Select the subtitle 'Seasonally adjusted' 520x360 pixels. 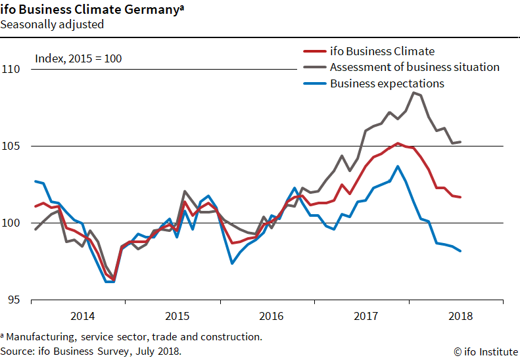[x=52, y=25]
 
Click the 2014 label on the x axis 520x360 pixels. [x=82, y=316]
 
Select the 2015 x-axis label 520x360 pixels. [x=177, y=316]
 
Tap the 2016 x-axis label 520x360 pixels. [x=272, y=316]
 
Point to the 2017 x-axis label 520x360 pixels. [x=367, y=316]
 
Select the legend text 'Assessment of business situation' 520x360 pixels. [x=414, y=67]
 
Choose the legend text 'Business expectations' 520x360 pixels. [x=387, y=83]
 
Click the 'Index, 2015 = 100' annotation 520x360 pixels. [x=78, y=58]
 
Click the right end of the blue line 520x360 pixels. [x=460, y=251]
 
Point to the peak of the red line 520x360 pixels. [x=397, y=143]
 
